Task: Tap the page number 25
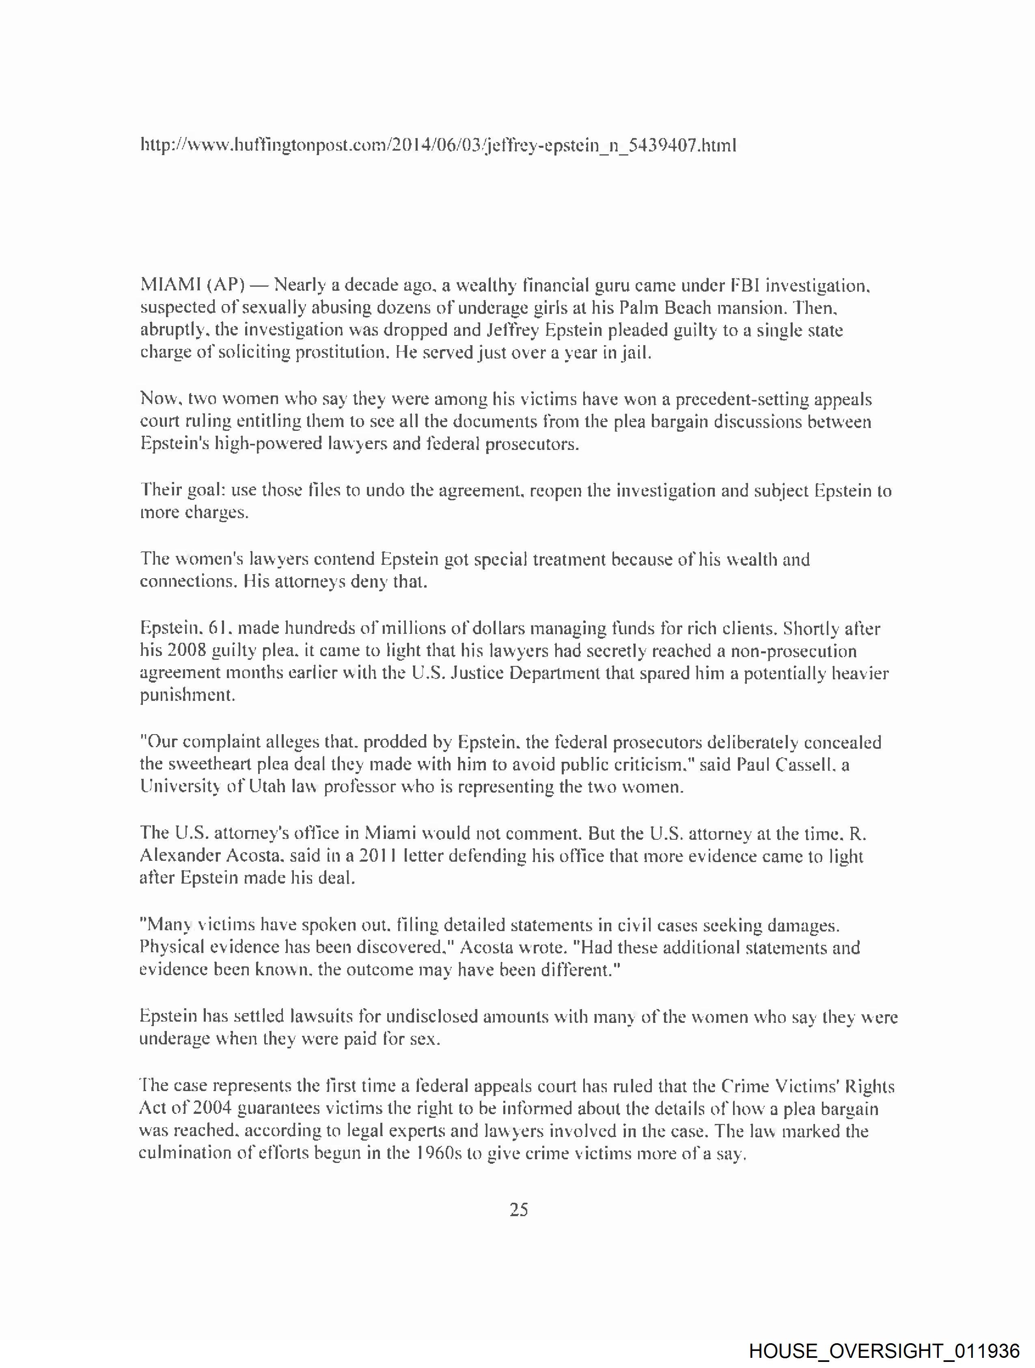coord(518,1209)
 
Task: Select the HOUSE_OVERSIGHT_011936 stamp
coord(884,1350)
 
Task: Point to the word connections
coord(186,581)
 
